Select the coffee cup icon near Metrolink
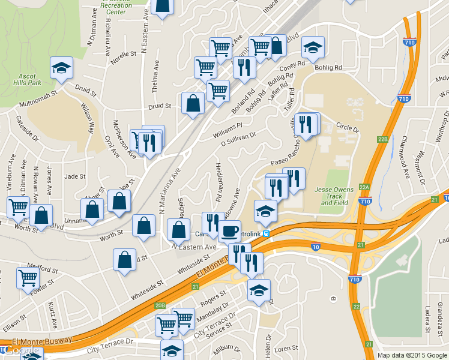[229, 231]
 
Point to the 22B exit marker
[384, 139]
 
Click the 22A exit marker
[364, 187]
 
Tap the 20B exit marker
[160, 305]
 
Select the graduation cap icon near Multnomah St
[61, 68]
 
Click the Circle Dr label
[348, 128]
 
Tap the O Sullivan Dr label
[238, 139]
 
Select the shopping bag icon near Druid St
[193, 103]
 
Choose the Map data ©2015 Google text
[412, 355]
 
